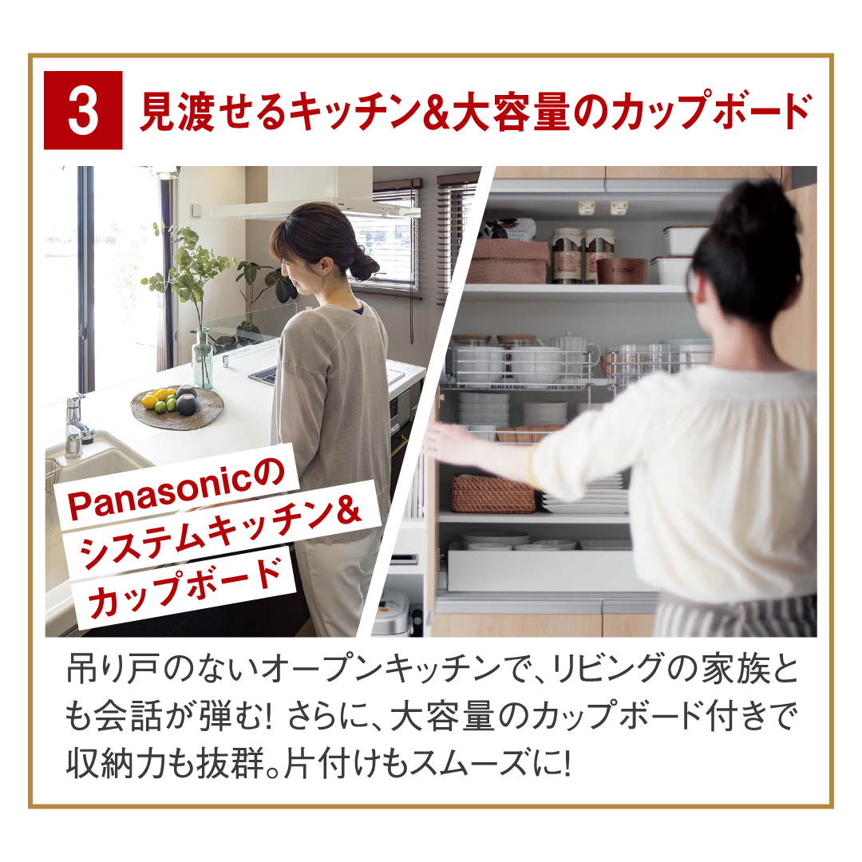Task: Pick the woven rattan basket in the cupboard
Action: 492,494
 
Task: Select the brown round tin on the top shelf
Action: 622,271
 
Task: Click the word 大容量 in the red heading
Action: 511,113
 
